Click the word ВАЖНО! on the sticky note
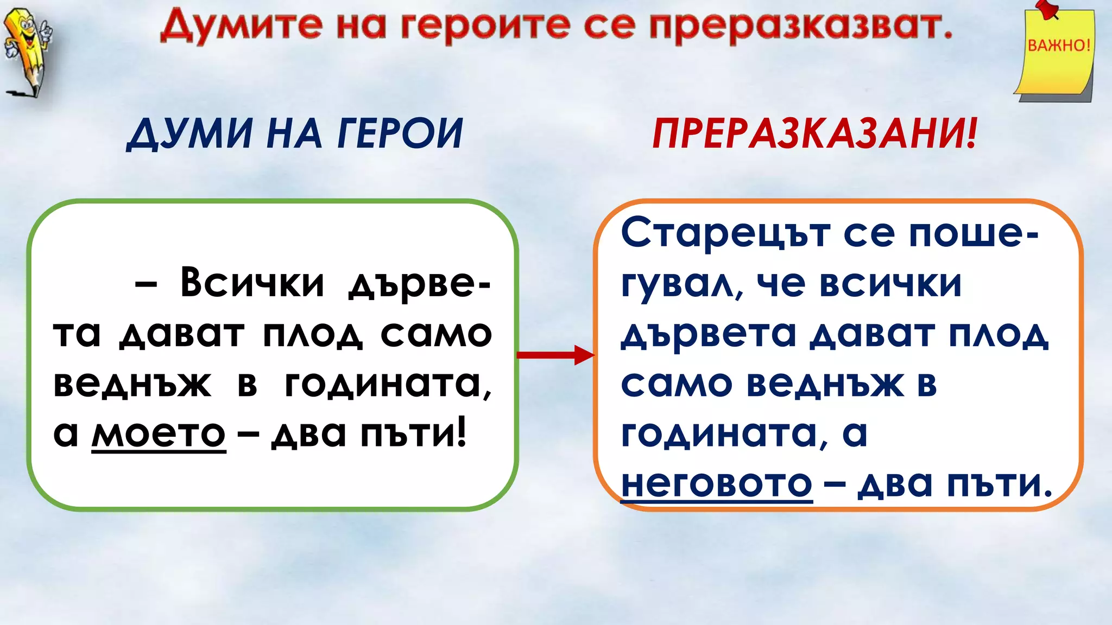click(x=1059, y=45)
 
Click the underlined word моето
click(x=159, y=434)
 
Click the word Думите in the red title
click(x=242, y=26)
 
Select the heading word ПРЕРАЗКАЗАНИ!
click(x=814, y=133)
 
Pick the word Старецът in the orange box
click(x=725, y=233)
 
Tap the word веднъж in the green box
click(x=132, y=384)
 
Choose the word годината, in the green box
click(x=388, y=384)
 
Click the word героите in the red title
click(x=486, y=26)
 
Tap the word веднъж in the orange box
click(x=825, y=384)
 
